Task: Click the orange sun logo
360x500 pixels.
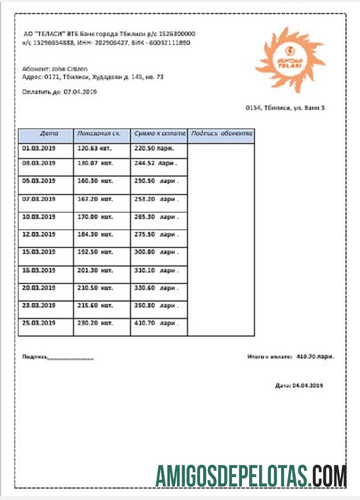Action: point(290,60)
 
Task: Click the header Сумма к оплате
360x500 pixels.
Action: point(159,133)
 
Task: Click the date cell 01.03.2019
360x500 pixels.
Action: point(38,148)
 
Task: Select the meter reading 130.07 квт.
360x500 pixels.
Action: point(94,163)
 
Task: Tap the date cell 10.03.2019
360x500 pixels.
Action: point(38,217)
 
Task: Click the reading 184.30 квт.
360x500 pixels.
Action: point(94,234)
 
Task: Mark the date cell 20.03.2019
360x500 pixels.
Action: point(38,288)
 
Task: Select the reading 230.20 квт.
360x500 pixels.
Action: point(94,323)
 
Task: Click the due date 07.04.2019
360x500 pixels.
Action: point(80,92)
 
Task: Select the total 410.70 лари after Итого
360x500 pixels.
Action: point(315,356)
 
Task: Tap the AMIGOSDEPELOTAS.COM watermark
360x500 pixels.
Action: point(251,475)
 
